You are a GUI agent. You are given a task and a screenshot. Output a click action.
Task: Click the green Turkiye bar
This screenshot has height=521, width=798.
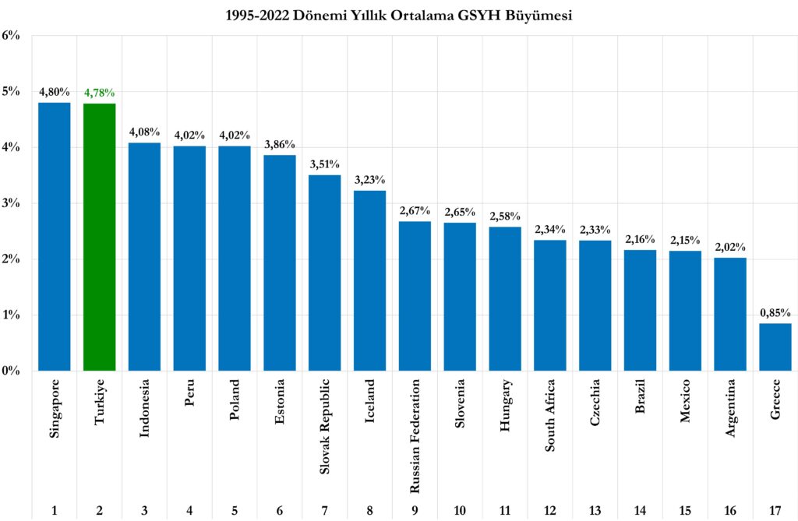coord(99,237)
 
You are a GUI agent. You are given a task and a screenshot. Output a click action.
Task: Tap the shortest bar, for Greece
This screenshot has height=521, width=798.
coord(775,347)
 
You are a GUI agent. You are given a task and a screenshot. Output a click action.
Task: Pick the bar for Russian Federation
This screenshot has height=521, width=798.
coord(415,296)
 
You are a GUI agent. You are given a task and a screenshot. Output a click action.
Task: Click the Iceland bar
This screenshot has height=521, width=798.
coord(369,280)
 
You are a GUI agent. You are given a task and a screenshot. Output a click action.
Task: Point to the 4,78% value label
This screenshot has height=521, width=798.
coord(99,93)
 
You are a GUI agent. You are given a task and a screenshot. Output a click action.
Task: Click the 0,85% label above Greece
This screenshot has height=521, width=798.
coord(775,313)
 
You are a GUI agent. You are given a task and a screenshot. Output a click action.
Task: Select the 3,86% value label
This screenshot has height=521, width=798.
coord(280,145)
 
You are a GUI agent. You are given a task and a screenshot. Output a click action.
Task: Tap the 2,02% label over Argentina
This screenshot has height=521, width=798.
coord(730,248)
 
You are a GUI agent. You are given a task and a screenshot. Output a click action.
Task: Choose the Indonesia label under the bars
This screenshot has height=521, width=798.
coord(144,409)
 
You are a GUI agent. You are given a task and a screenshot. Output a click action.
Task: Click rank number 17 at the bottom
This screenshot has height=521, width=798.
coord(775,511)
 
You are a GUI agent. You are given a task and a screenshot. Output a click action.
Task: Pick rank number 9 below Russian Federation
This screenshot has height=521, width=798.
coord(415,511)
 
